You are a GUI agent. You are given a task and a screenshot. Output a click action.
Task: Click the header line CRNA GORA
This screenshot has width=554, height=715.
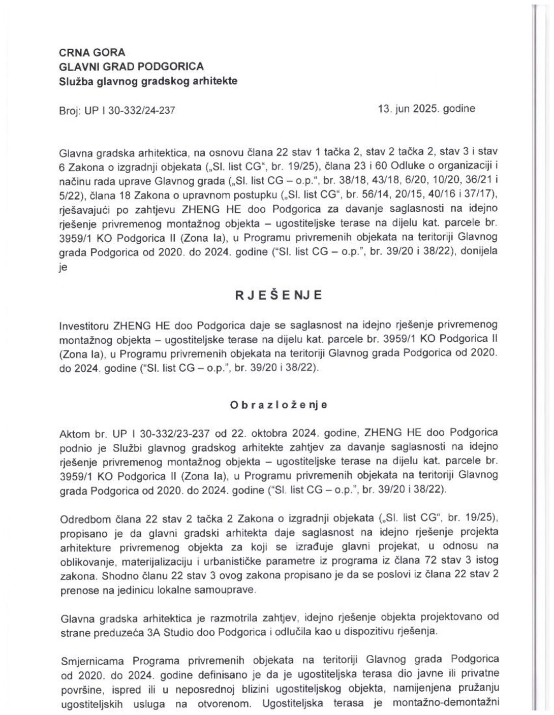[x=92, y=52]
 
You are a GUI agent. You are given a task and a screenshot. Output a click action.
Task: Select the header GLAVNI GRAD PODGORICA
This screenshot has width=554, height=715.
[x=132, y=67]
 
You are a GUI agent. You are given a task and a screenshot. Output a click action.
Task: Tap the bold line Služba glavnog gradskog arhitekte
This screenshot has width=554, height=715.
[x=148, y=81]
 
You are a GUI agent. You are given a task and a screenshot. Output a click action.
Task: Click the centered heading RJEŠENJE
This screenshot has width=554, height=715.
[x=278, y=296]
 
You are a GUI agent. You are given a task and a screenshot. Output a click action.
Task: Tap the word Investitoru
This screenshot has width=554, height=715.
[x=84, y=325]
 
